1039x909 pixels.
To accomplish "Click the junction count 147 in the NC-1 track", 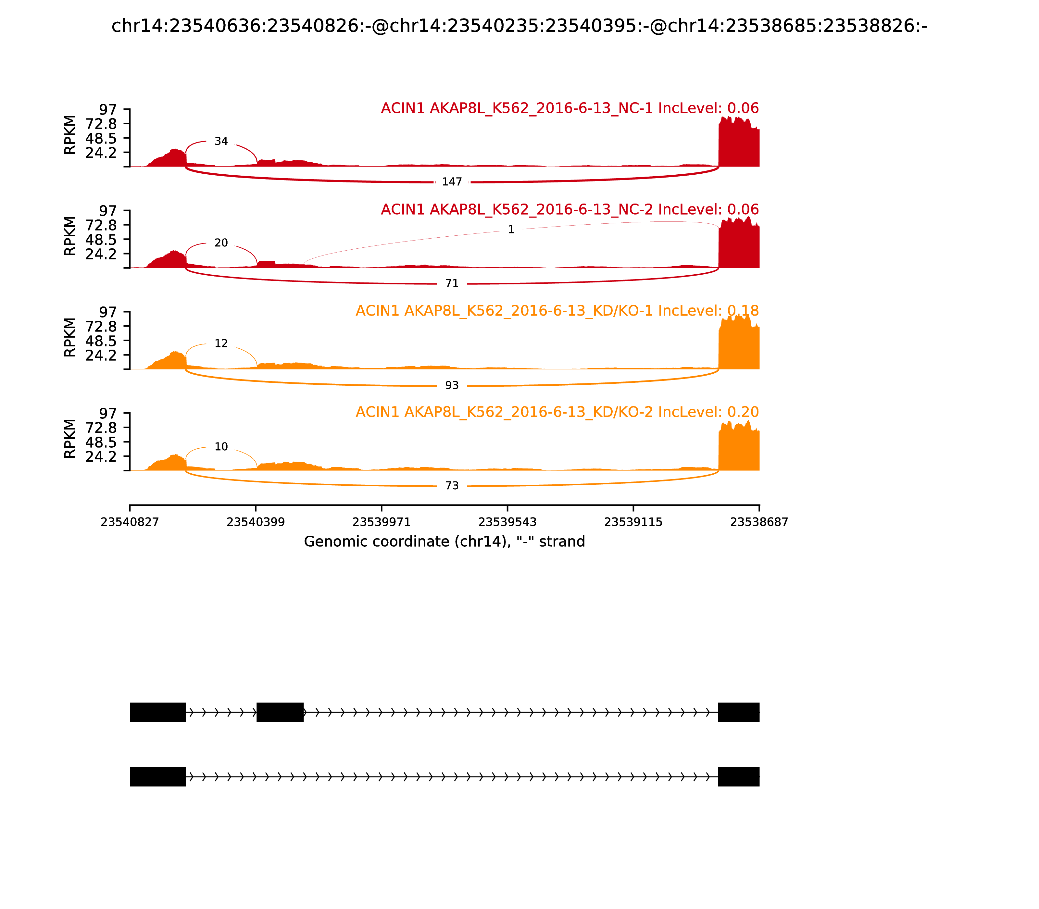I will tap(452, 181).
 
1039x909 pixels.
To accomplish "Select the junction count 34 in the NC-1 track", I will tap(221, 141).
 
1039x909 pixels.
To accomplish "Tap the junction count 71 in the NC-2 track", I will tap(452, 283).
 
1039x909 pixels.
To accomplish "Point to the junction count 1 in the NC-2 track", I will tap(511, 229).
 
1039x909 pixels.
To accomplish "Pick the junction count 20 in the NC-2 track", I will tap(221, 243).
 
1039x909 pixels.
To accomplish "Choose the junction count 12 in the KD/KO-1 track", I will tap(221, 343).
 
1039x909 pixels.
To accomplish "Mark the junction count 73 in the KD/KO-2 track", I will tap(452, 485).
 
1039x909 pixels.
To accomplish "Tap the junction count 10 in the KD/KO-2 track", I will tap(221, 446).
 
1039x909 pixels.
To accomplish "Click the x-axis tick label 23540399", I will tap(256, 522).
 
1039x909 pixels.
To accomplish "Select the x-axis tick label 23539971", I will tap(382, 522).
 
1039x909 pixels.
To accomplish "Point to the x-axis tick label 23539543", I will tap(507, 522).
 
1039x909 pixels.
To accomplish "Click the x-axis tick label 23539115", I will tap(633, 522).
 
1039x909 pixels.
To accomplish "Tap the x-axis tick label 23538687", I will tap(759, 522).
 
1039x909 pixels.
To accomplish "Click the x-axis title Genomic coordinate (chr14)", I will tap(444, 542).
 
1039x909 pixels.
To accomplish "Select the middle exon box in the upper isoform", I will tap(280, 712).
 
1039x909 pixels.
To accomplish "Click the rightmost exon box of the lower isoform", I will tap(739, 777).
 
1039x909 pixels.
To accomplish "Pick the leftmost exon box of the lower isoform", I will tap(158, 777).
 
